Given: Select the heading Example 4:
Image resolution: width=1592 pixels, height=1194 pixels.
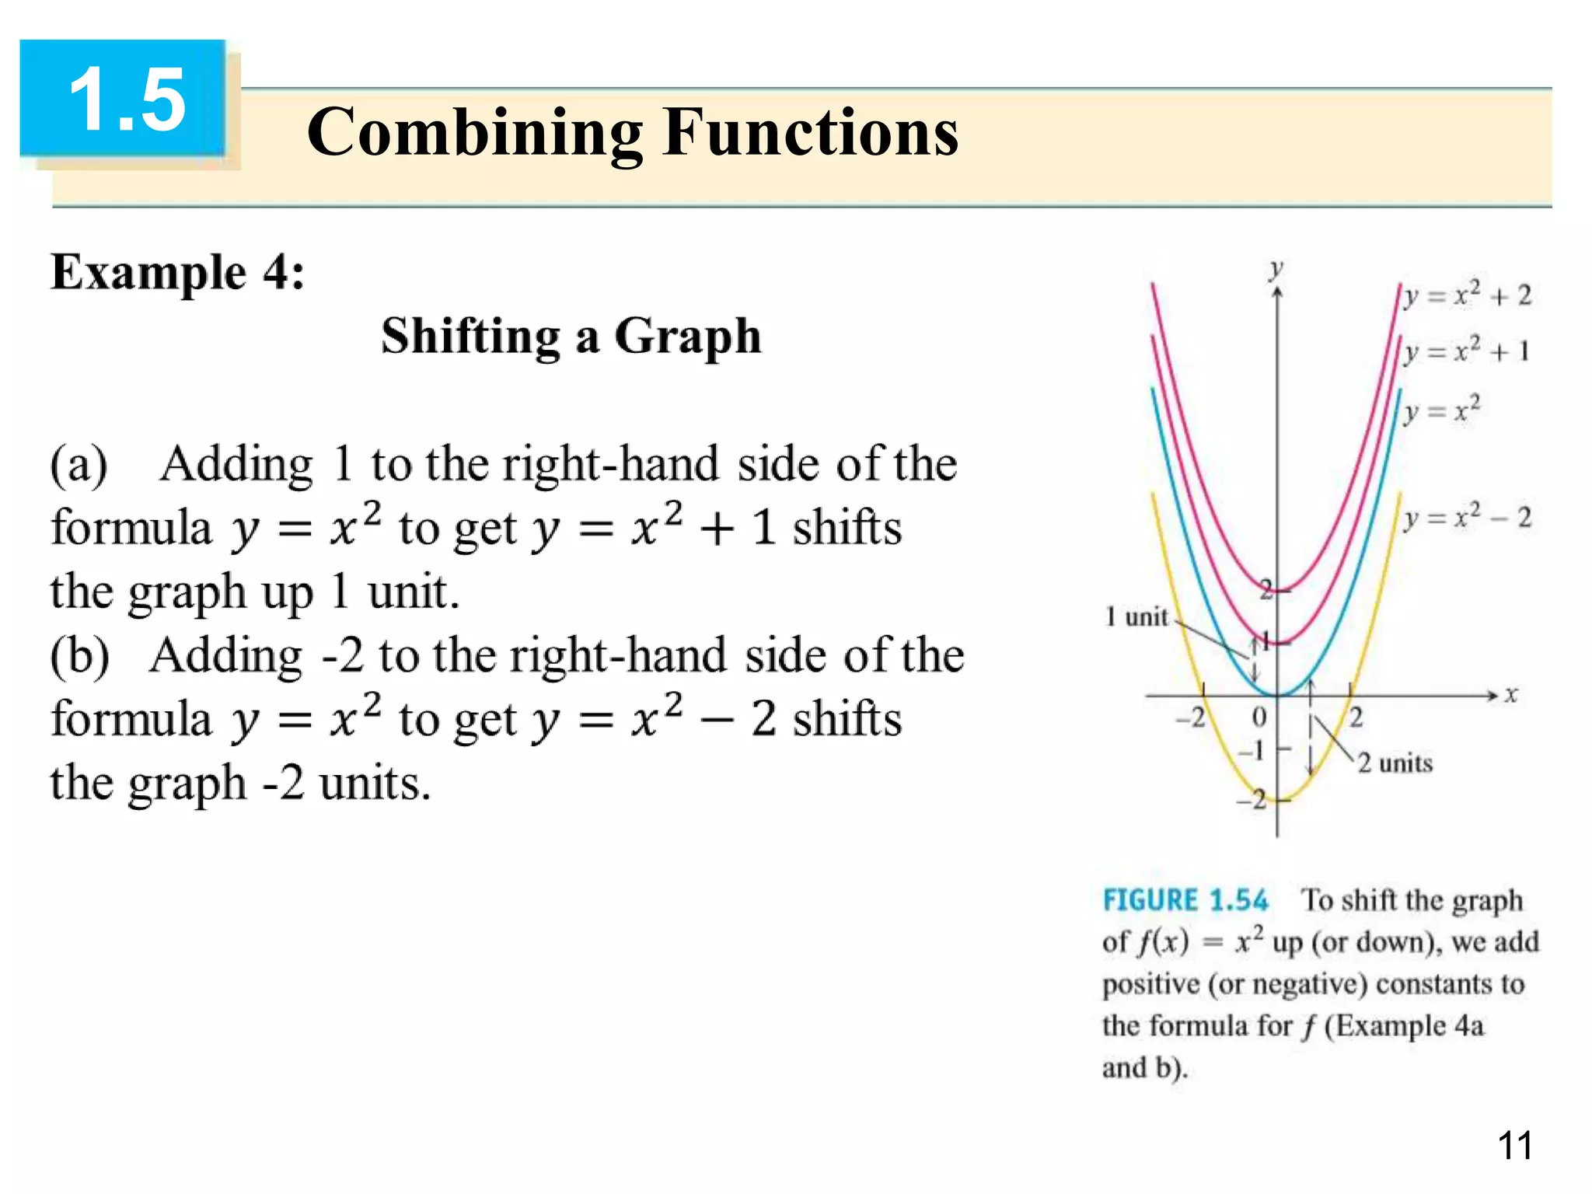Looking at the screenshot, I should (178, 274).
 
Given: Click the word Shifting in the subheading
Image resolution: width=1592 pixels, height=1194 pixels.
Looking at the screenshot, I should (470, 337).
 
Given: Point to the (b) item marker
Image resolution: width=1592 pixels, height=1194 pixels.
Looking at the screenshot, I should (79, 656).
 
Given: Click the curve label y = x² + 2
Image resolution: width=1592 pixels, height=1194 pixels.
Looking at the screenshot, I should (1468, 295).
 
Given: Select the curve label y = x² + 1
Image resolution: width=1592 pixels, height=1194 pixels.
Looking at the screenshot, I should (1466, 351).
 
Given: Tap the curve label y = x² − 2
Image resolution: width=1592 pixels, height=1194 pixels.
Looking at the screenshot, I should (1468, 518).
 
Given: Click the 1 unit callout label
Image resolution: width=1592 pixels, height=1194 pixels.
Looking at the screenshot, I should (1136, 617).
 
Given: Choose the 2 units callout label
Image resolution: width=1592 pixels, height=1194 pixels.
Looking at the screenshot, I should (1395, 763).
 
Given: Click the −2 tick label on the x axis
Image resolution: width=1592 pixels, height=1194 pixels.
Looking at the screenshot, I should (1190, 717).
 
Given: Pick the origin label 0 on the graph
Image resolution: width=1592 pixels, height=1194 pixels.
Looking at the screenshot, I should (1259, 717).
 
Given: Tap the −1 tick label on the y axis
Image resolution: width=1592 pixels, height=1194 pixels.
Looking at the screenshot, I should (1252, 751).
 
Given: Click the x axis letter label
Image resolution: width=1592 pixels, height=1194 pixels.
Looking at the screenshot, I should (1510, 694).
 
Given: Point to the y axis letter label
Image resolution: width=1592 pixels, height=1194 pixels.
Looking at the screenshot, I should (1276, 269).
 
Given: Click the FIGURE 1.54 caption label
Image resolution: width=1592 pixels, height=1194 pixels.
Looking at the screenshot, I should (1185, 900).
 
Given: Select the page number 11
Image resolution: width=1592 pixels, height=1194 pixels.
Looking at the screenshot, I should (1514, 1146).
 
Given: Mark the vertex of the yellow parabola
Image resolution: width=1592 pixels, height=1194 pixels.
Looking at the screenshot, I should (1277, 799).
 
